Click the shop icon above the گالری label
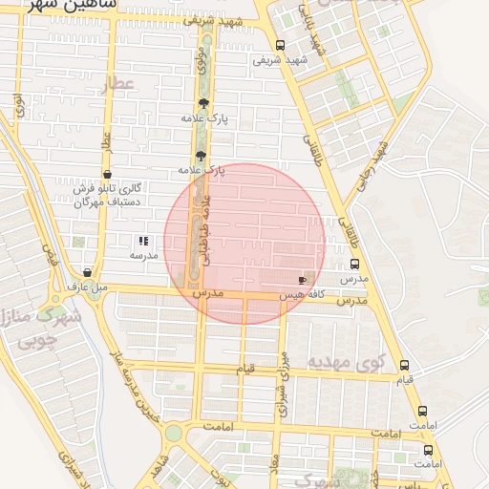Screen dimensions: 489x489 106,174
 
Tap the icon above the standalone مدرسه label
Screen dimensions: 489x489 143,242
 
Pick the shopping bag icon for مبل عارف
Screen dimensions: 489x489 87,272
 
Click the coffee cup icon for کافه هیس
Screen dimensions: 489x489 303,280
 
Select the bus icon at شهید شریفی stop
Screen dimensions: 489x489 279,45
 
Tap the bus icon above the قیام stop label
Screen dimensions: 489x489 405,365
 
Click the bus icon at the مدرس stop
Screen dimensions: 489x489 354,264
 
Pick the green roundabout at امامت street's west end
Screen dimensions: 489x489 173,434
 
